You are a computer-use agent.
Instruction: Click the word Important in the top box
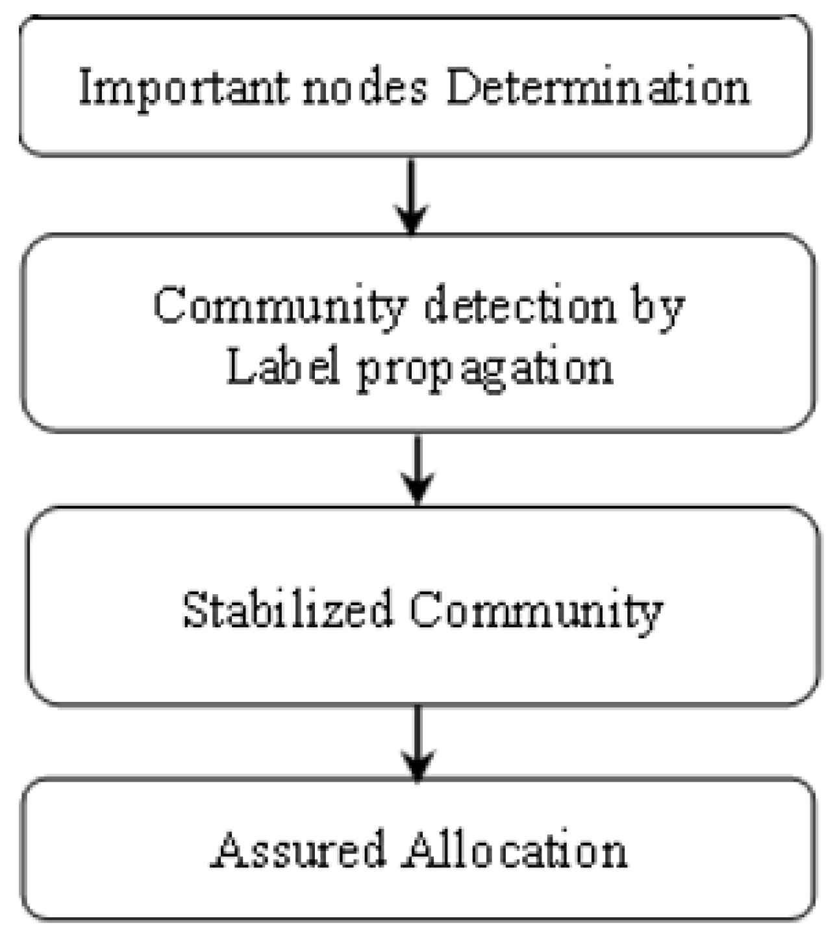183,88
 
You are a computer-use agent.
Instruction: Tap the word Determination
597,87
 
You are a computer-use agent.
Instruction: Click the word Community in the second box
280,307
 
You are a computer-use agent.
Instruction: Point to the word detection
519,306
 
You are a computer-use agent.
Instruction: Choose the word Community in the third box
536,610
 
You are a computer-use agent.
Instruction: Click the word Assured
299,850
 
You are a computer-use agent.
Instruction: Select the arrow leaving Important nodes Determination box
411,195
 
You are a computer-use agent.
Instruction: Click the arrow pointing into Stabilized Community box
417,468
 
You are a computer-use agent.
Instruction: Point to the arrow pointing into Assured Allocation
417,742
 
